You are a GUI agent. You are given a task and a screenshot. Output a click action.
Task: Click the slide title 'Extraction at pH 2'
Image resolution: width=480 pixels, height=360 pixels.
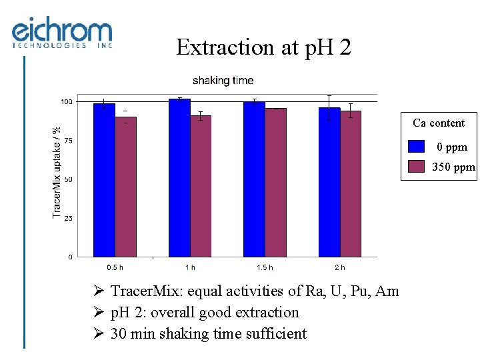coord(263,47)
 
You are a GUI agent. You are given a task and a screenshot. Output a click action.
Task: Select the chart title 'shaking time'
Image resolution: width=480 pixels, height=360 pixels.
coord(223,81)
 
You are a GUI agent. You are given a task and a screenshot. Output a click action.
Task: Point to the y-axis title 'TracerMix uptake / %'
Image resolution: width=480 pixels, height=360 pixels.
coord(57,172)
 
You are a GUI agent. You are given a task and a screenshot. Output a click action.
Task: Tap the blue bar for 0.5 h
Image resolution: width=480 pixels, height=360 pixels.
coord(104,180)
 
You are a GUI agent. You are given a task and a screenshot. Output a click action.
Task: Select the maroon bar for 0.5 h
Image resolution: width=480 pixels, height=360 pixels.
coord(125,187)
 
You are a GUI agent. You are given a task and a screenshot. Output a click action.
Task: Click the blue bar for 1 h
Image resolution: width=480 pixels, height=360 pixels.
coord(179,178)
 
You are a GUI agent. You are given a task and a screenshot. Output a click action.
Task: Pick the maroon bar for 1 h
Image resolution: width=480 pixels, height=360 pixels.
coord(201,186)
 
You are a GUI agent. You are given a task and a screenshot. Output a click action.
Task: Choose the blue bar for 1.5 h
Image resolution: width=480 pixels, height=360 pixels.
coord(254,179)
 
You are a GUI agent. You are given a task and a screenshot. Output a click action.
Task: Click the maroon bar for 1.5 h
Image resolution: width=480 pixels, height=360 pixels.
coord(275,183)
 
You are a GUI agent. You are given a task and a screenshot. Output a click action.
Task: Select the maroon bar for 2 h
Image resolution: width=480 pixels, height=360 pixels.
coord(351,184)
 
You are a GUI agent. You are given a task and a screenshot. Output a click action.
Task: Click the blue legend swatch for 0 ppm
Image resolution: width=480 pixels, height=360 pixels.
coord(417,147)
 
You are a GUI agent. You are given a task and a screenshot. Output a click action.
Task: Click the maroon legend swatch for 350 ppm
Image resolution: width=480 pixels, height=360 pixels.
coord(417,167)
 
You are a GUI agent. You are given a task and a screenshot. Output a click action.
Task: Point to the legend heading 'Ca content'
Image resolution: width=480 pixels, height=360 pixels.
coord(438,123)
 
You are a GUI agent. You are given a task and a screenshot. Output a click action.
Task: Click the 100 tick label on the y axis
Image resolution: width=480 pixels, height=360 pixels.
coord(67,102)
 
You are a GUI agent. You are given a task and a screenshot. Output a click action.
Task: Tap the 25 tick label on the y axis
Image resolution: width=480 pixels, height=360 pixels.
coord(69,218)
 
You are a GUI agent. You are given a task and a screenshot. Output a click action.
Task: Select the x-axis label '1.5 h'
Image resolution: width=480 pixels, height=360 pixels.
coord(265,267)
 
